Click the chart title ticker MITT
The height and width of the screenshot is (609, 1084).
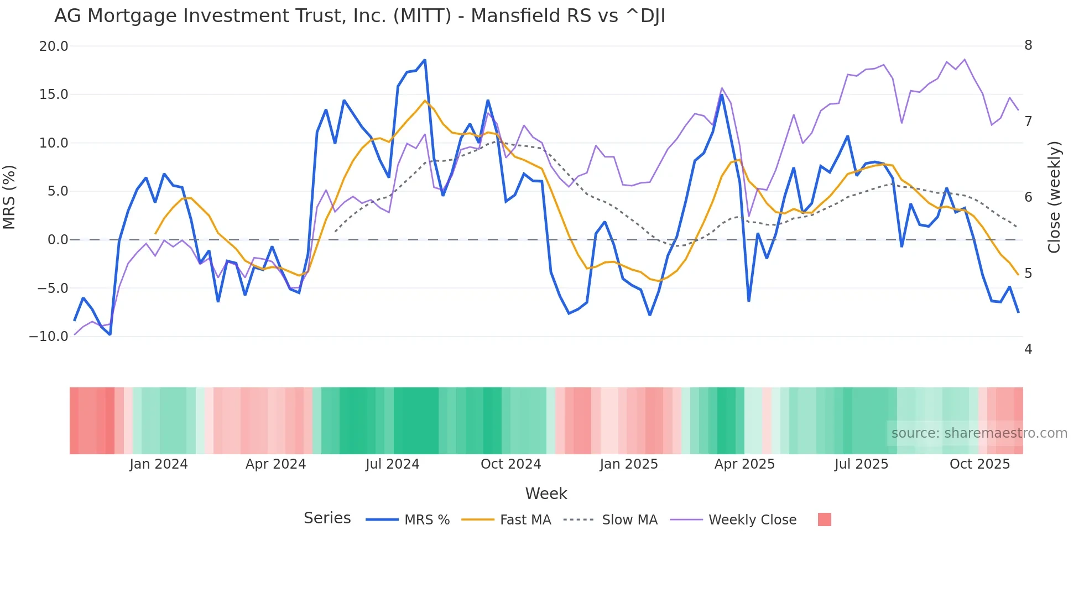[x=422, y=16]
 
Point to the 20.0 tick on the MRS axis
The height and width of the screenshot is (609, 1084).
[x=54, y=46]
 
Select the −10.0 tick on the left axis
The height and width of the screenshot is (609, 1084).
[x=49, y=337]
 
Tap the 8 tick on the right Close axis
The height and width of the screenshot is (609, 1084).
[x=1028, y=45]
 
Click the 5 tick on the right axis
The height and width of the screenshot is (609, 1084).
[x=1028, y=274]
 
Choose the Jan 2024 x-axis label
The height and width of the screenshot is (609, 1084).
[x=159, y=464]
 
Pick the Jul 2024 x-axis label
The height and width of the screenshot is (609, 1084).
[x=392, y=464]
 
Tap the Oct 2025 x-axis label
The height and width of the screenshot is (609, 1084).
[x=979, y=464]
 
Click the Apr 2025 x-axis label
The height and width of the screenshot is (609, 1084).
[x=744, y=464]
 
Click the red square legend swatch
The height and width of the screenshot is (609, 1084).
[x=824, y=519]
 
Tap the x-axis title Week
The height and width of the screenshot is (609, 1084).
[x=546, y=494]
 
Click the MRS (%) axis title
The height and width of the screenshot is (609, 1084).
[x=9, y=197]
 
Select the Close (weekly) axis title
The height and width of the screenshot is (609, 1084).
[x=1054, y=197]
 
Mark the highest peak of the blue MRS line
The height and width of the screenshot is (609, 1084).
[x=425, y=60]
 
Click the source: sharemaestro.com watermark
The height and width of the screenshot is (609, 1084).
[x=979, y=433]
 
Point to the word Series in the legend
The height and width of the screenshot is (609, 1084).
[x=327, y=518]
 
